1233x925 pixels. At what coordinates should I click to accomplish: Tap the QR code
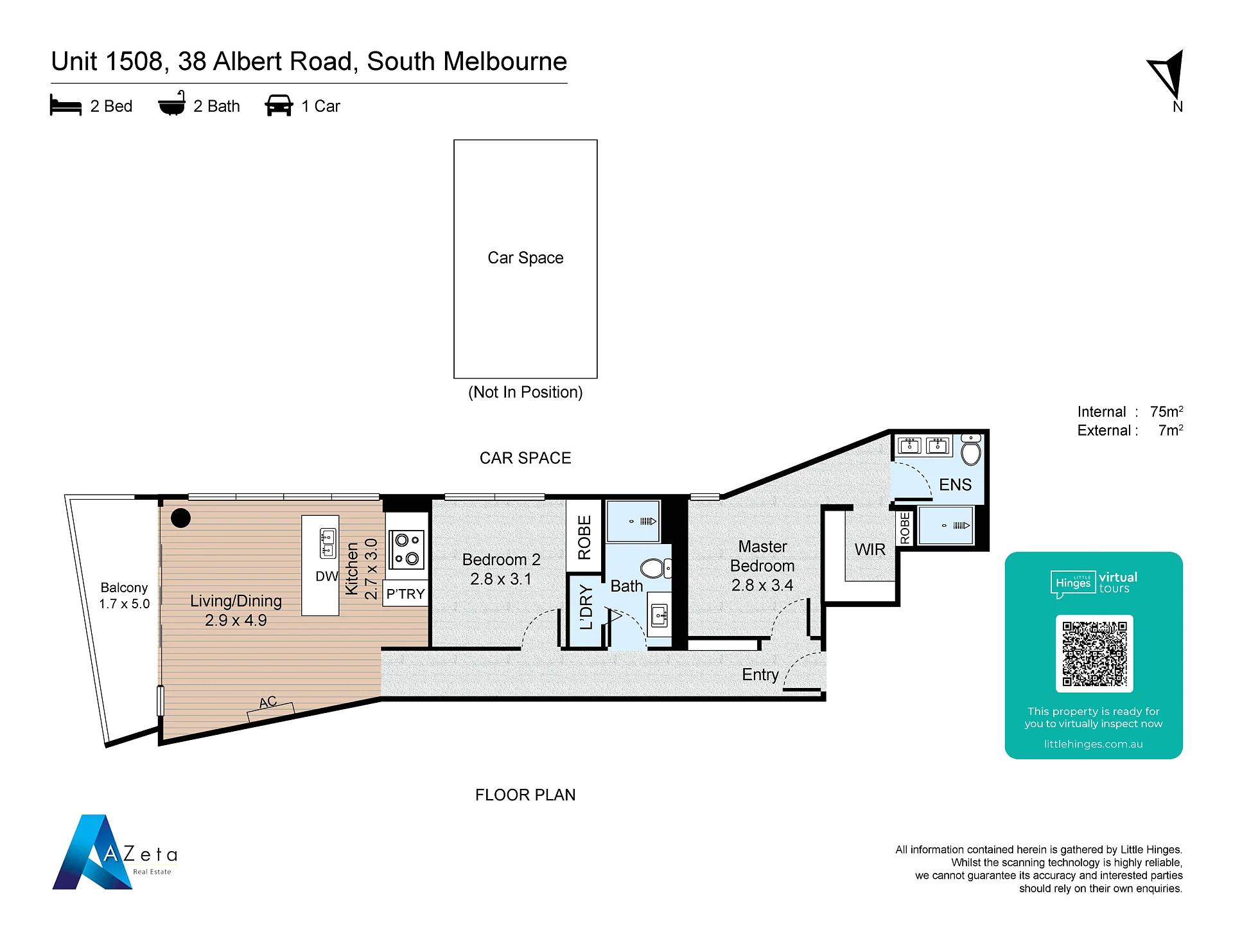[1094, 653]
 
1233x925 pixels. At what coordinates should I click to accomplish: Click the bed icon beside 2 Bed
[66, 105]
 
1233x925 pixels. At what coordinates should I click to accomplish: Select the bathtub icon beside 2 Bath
[172, 103]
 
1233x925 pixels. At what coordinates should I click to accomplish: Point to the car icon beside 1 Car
[279, 105]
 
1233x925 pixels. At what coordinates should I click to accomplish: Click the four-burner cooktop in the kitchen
[407, 549]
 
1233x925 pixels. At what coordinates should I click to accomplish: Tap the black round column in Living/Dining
[181, 518]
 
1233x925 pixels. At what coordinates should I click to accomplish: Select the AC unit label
[268, 702]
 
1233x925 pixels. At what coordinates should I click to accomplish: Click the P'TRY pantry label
[405, 594]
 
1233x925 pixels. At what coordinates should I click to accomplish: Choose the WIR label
[870, 550]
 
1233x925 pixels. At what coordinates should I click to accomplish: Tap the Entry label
[760, 674]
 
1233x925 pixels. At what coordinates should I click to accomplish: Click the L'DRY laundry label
[586, 607]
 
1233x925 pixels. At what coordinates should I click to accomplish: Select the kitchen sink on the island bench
[328, 543]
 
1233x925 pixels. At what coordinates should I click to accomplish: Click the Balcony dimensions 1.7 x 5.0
[124, 604]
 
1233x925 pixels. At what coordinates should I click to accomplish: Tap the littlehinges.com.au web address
[1094, 744]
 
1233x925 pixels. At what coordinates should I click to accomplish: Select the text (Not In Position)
[525, 392]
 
